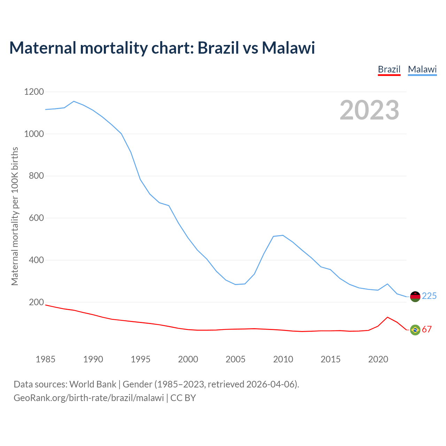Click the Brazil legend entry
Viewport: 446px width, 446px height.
pyautogui.click(x=389, y=69)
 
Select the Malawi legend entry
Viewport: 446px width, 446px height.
pyautogui.click(x=422, y=69)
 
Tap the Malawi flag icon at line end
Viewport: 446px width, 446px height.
pyautogui.click(x=415, y=297)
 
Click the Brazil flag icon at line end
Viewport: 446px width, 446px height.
pyautogui.click(x=415, y=330)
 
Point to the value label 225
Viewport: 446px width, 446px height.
pyautogui.click(x=429, y=296)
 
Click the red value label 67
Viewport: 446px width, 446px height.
pyautogui.click(x=427, y=329)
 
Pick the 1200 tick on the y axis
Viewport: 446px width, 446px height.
pyautogui.click(x=34, y=92)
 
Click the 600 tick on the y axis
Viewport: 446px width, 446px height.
pyautogui.click(x=37, y=218)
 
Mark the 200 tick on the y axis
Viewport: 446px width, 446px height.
pyautogui.click(x=37, y=302)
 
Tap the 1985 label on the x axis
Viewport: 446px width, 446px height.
pyautogui.click(x=46, y=359)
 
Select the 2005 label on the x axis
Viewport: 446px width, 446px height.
pyautogui.click(x=236, y=359)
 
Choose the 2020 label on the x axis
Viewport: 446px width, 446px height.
pyautogui.click(x=378, y=359)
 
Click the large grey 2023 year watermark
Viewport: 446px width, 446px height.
pyautogui.click(x=369, y=110)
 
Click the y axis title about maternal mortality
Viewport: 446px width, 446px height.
pyautogui.click(x=15, y=216)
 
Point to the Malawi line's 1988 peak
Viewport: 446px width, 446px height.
pyautogui.click(x=74, y=101)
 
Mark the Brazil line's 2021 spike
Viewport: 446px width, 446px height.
pyautogui.click(x=387, y=317)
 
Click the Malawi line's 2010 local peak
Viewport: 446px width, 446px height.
pyautogui.click(x=283, y=235)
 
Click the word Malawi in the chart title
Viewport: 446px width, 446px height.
pyautogui.click(x=289, y=48)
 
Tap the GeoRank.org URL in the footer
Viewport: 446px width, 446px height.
pyautogui.click(x=89, y=398)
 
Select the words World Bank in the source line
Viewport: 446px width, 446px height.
pyautogui.click(x=93, y=384)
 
